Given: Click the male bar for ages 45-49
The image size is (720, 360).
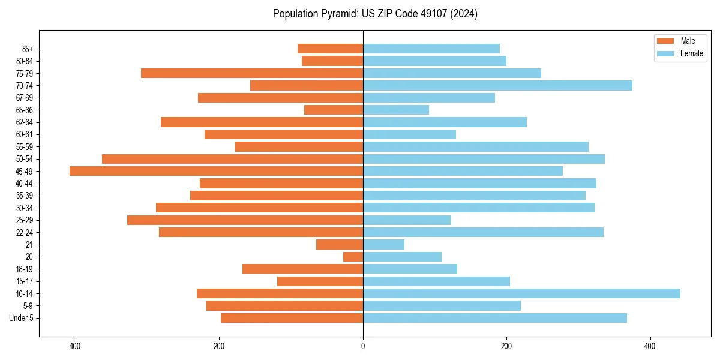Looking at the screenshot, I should (x=216, y=171).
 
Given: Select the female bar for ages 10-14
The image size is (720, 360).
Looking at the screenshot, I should (x=521, y=293).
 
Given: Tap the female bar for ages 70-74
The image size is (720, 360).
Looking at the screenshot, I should (x=497, y=85).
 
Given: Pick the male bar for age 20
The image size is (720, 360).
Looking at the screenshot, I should (x=353, y=257).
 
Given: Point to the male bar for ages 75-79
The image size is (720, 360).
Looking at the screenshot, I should (x=252, y=73).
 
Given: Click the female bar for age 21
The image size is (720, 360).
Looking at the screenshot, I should (x=383, y=244).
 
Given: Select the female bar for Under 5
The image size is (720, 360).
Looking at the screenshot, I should (x=495, y=318).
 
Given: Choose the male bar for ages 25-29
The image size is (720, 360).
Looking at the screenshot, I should (x=245, y=220).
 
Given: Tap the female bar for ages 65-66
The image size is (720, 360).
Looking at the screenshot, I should (x=396, y=110).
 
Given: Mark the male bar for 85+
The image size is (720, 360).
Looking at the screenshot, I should (x=330, y=49).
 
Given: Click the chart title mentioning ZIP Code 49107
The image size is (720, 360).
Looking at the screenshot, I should (x=375, y=14).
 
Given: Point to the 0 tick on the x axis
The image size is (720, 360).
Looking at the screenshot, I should (x=363, y=346).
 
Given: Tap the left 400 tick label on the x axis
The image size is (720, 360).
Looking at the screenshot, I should (x=75, y=346).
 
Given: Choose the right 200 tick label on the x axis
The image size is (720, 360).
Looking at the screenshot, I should (x=506, y=346).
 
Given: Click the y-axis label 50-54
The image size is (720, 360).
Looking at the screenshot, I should (x=25, y=159).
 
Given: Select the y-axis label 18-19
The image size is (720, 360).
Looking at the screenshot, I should (x=25, y=269).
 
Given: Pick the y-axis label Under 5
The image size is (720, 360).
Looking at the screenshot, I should (x=21, y=318).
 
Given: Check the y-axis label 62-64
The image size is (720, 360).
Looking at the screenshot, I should (x=25, y=122).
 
